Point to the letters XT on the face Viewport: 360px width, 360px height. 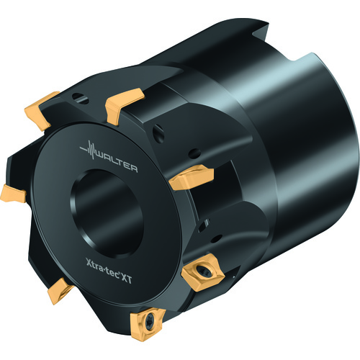(x=126, y=279)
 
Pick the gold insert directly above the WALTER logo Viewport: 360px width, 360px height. (x=124, y=105)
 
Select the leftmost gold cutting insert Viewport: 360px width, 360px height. (x=13, y=194)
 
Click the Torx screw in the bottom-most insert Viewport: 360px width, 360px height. (x=149, y=320)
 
